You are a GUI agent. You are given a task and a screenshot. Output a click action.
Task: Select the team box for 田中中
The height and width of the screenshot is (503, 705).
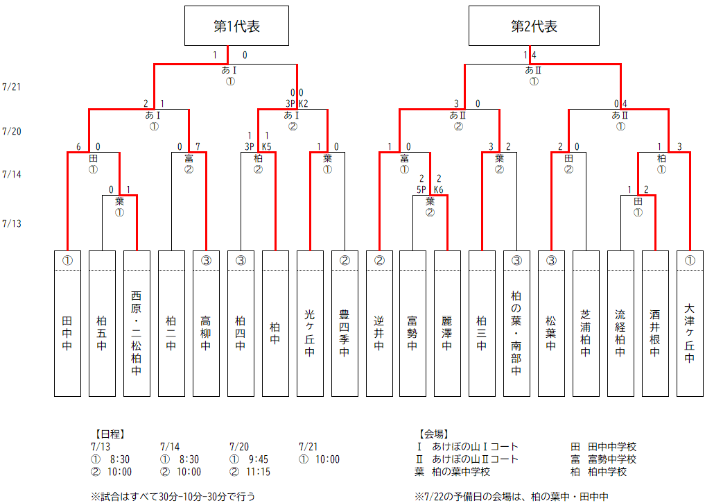[67, 323]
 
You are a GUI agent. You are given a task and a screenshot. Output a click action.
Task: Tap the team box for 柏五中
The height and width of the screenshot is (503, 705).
[102, 323]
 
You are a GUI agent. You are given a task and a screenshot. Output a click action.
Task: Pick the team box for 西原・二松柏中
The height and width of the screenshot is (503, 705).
[137, 323]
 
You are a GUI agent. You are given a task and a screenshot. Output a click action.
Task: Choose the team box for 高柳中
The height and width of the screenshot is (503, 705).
[206, 323]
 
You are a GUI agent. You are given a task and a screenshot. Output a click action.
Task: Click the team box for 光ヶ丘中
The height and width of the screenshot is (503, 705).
[310, 323]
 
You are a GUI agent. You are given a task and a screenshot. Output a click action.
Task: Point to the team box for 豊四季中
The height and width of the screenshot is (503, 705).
[345, 323]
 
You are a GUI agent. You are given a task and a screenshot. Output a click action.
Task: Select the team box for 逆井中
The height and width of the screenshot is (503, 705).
[379, 323]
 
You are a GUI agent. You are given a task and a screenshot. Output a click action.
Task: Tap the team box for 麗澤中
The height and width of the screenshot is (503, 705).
[447, 323]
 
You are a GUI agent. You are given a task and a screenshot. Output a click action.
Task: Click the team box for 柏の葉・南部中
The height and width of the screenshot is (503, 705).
[516, 323]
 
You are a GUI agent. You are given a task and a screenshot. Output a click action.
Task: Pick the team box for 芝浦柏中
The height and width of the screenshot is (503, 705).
[586, 323]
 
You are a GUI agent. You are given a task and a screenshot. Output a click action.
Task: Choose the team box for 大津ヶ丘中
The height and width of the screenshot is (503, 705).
[689, 323]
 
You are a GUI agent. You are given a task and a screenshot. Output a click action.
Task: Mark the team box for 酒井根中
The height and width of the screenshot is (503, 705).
[654, 323]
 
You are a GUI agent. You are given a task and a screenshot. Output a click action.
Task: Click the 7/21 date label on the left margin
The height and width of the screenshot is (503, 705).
[12, 87]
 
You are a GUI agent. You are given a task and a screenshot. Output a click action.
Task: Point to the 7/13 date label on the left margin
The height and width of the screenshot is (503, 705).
[12, 223]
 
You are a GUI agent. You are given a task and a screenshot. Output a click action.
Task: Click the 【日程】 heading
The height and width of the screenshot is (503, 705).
[107, 434]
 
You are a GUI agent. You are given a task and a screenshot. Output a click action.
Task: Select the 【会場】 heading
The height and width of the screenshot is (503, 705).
[433, 434]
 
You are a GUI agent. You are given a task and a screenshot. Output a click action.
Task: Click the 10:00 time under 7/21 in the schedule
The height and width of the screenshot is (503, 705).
[326, 459]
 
